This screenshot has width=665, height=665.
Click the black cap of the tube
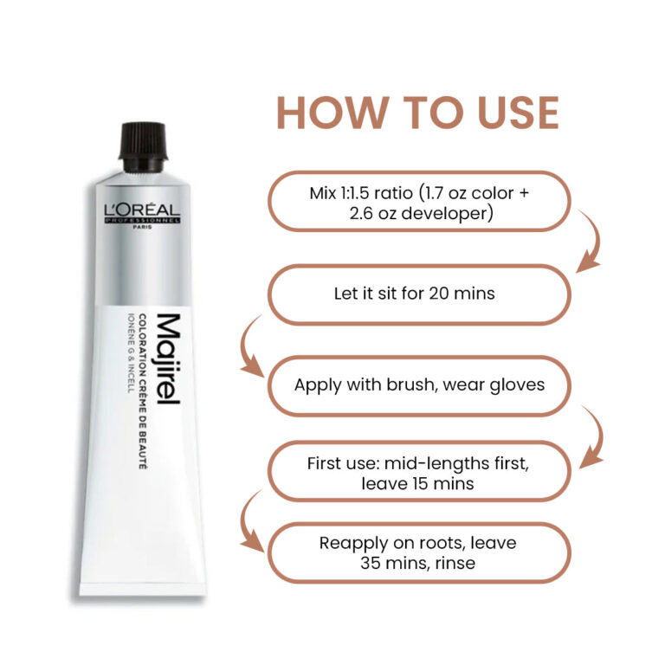(x=143, y=146)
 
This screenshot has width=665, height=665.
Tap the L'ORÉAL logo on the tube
(x=142, y=213)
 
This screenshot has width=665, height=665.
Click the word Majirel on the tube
(x=169, y=359)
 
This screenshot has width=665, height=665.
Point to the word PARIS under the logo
(x=142, y=227)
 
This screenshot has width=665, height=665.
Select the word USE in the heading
(x=518, y=113)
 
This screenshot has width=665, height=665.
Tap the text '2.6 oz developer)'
(x=422, y=213)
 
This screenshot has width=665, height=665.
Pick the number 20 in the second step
(x=438, y=294)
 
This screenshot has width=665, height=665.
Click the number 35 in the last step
(x=371, y=563)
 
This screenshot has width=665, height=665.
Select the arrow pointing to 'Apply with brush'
(x=247, y=345)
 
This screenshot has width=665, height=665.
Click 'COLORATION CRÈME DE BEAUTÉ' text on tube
(x=143, y=391)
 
